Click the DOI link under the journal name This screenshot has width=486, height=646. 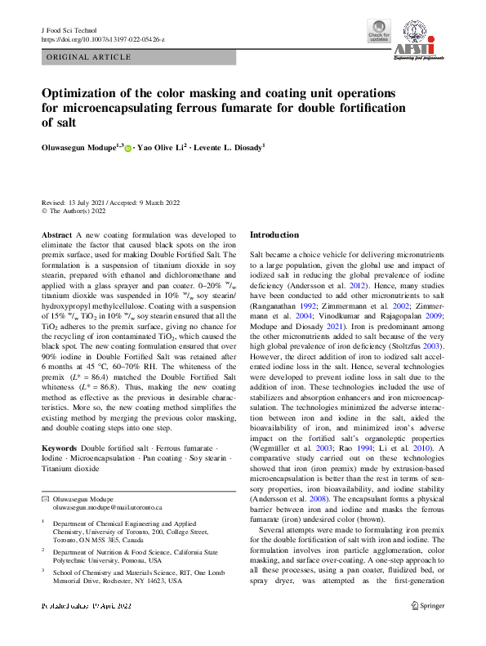(x=102, y=39)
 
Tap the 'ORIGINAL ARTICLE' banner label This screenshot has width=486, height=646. (x=90, y=57)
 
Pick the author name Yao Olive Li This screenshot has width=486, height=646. (x=163, y=147)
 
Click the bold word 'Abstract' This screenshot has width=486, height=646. (x=56, y=234)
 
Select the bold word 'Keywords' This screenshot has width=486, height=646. (x=59, y=448)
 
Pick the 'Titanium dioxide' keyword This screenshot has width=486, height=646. (x=70, y=470)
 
